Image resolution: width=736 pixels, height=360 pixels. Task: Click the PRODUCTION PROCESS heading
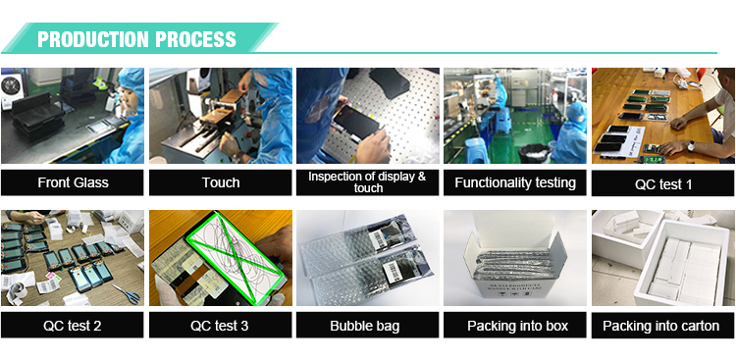[136, 39]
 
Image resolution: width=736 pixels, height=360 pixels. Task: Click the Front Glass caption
[73, 182]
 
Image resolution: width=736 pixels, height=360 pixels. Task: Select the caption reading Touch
[221, 182]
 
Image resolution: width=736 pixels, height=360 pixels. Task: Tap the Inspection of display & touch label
[367, 182]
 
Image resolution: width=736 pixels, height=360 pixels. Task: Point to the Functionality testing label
[515, 182]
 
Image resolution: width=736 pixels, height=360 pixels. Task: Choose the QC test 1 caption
[663, 184]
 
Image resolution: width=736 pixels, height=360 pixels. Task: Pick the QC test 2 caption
[73, 326]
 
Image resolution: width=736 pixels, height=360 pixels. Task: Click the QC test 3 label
[219, 326]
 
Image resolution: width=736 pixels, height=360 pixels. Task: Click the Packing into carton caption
[660, 326]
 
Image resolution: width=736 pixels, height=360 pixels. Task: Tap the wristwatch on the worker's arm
[691, 146]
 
